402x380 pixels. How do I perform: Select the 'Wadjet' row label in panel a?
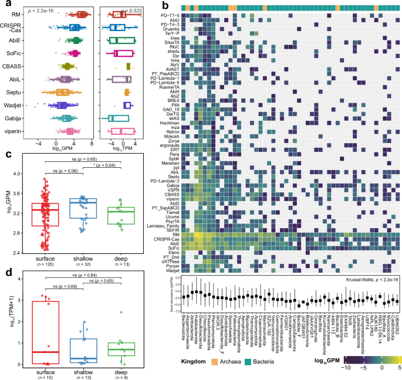pyautogui.click(x=29, y=105)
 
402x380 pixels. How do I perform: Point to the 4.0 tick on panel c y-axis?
pyautogui.click(x=32, y=174)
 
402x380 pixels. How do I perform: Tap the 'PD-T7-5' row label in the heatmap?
pyautogui.click(x=171, y=15)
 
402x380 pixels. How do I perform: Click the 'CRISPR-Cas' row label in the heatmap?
pyautogui.click(x=168, y=239)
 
